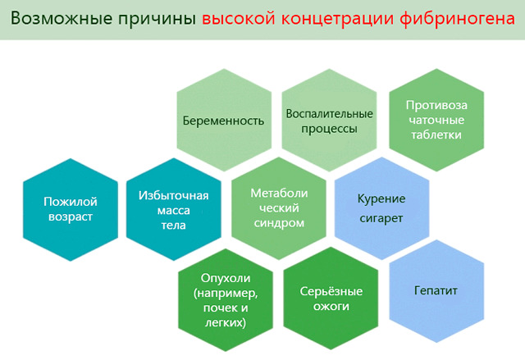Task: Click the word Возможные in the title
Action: [x=62, y=18]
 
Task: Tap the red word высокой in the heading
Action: [x=239, y=18]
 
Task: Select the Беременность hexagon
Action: [x=224, y=120]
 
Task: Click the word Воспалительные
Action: [x=329, y=114]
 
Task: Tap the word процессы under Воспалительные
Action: [x=329, y=129]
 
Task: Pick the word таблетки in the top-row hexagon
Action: [x=436, y=134]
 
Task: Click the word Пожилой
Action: [x=71, y=202]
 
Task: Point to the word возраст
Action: [x=71, y=217]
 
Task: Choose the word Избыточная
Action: [x=173, y=195]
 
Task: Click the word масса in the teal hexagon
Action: [x=173, y=211]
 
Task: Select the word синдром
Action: [x=279, y=224]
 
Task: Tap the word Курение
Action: [x=381, y=199]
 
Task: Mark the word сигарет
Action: [x=381, y=218]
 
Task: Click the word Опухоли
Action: [x=226, y=278]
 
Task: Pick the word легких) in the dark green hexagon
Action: [x=226, y=322]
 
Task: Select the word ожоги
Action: [x=331, y=307]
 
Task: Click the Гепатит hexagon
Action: [x=436, y=291]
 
